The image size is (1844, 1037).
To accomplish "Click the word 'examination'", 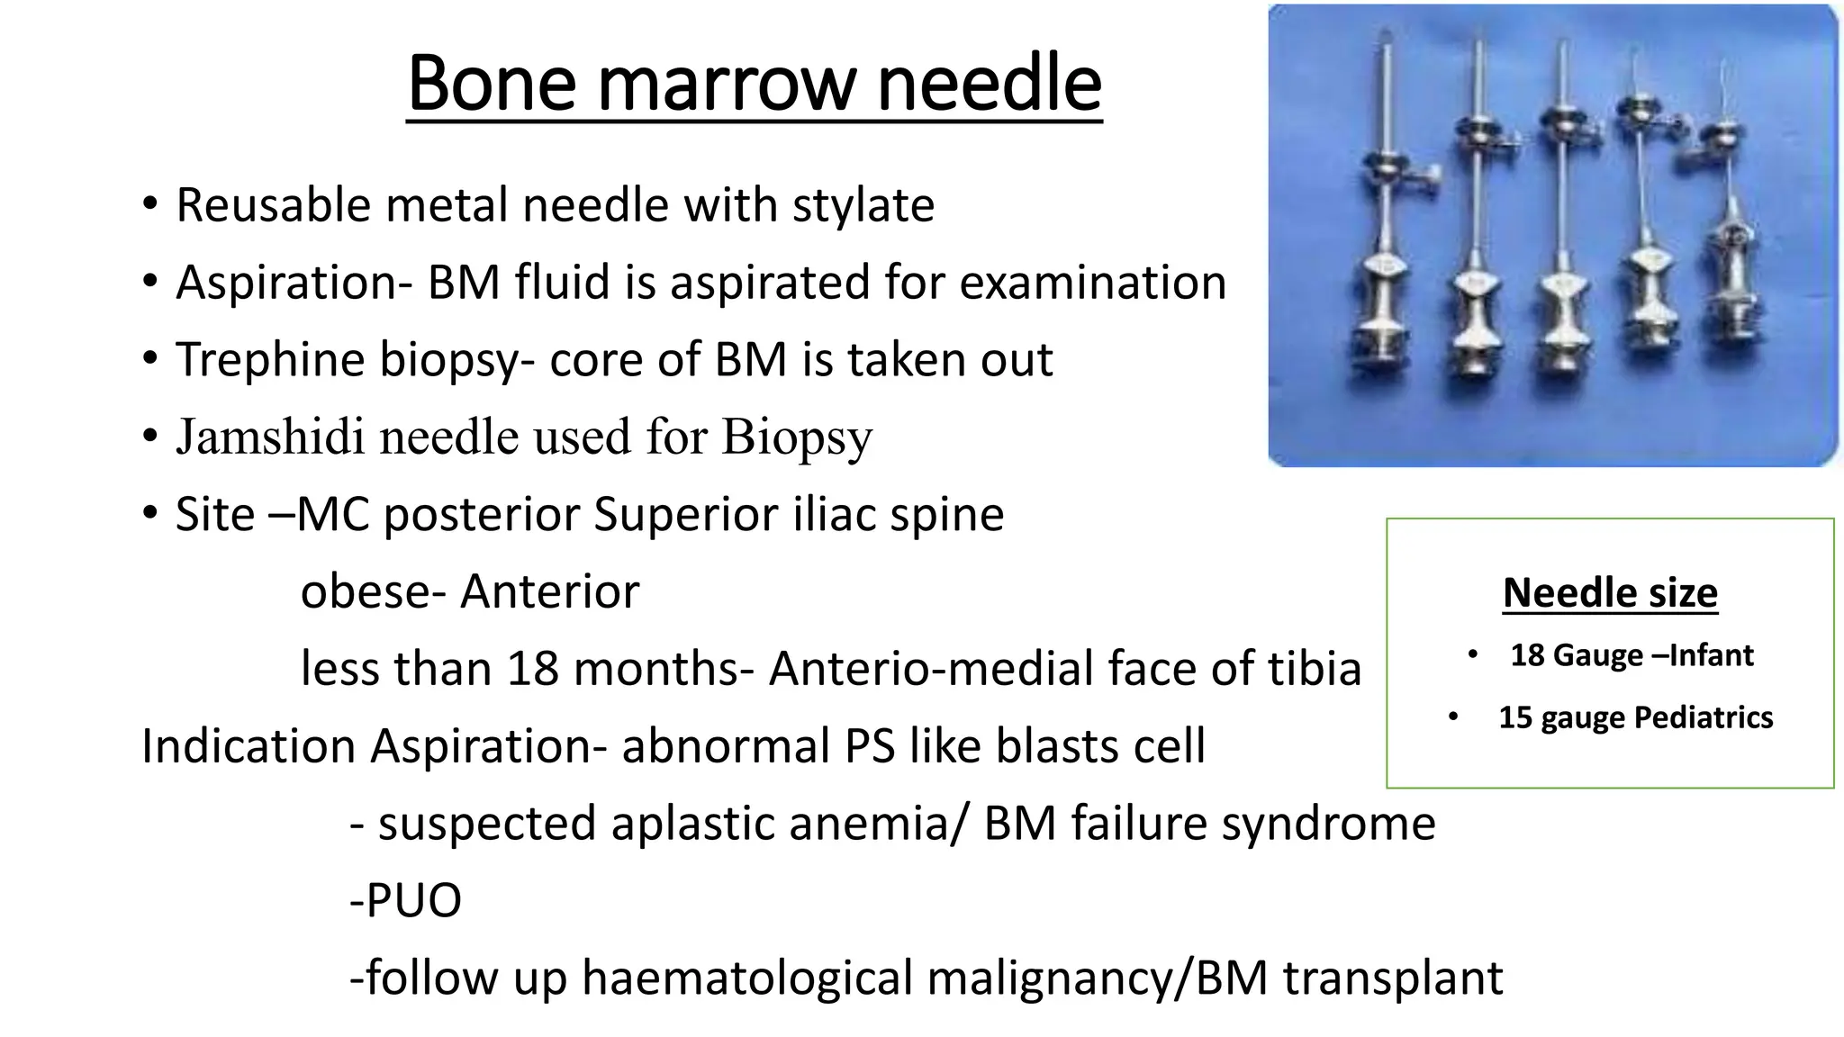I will point(1092,283).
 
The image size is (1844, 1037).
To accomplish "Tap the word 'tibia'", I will point(1315,669).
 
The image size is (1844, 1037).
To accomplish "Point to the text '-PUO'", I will point(405,900).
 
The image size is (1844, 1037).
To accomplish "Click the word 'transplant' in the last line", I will point(1393,978).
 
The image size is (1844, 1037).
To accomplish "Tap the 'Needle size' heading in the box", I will point(1610,592).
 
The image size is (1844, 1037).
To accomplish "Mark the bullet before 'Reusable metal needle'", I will point(149,204).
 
